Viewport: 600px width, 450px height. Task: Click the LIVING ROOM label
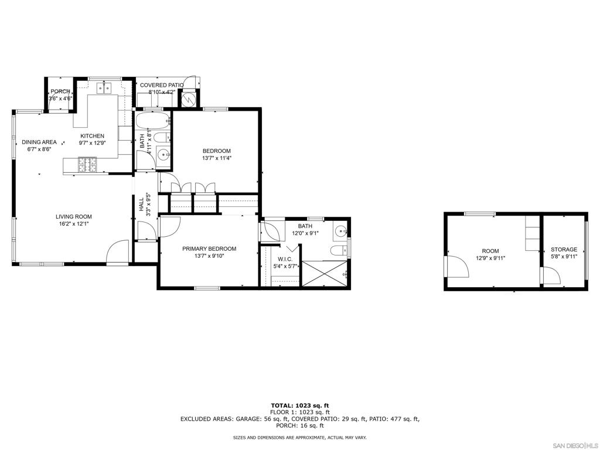pos(74,217)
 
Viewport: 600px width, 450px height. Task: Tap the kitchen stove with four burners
pos(88,165)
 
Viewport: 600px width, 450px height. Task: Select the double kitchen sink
pos(104,88)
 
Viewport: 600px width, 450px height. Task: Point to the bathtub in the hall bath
pos(152,121)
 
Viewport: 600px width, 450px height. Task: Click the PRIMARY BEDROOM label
pos(209,248)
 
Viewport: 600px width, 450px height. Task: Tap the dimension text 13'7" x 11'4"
pos(217,158)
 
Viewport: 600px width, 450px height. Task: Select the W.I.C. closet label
pos(285,260)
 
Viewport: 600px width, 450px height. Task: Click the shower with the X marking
pos(325,273)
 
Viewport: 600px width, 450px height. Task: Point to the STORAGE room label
pos(564,250)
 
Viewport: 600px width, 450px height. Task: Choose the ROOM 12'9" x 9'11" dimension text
pos(490,258)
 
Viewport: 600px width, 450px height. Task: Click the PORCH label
pos(60,91)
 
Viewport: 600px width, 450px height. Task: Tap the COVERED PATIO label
pos(162,86)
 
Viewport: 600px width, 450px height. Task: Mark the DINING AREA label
pos(39,142)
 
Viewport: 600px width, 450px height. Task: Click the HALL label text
pos(142,204)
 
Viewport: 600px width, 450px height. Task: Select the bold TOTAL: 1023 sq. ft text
pos(300,405)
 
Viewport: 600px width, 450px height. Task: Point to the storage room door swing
pos(550,275)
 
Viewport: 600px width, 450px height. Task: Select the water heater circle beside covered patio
pos(189,99)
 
